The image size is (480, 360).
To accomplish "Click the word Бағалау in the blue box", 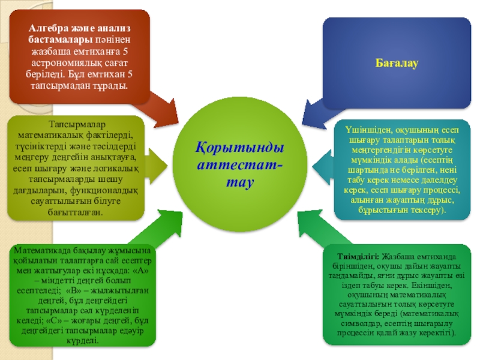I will click(397, 62).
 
